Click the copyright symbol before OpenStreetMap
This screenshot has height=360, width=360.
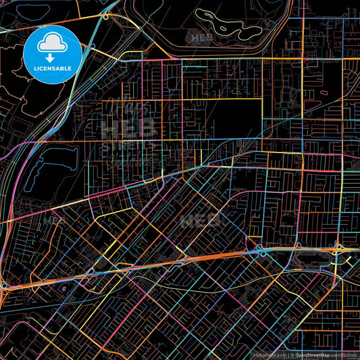point(292,355)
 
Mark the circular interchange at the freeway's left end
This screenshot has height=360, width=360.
point(5,286)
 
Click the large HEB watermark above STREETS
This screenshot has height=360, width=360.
point(128,127)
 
